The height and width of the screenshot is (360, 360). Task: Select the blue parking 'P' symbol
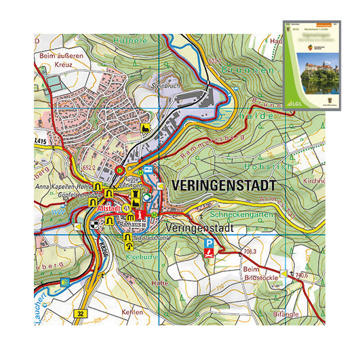(211, 243)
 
